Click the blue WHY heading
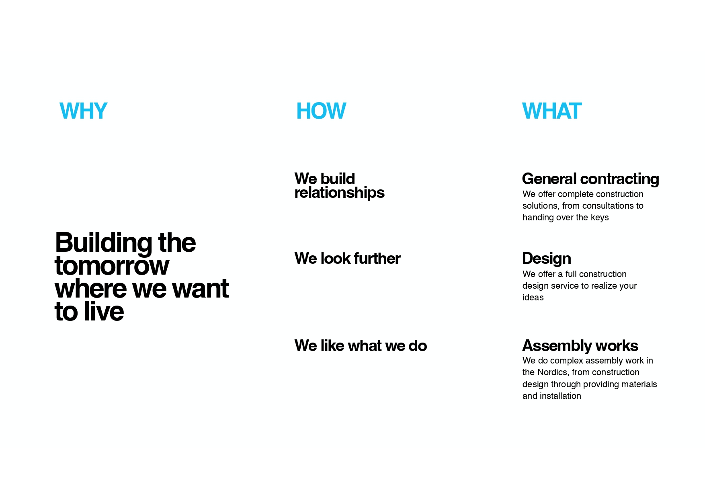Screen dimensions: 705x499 (83, 111)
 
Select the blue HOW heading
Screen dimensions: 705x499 (321, 111)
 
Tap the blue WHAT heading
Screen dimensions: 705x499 (551, 111)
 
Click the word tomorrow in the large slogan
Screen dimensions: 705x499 (112, 266)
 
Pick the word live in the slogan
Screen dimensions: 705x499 (104, 311)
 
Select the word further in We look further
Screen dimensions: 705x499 (377, 259)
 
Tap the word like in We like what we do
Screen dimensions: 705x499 (332, 346)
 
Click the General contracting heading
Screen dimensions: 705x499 (590, 179)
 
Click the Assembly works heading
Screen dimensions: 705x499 (580, 346)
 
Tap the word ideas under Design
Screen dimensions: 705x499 (533, 298)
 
